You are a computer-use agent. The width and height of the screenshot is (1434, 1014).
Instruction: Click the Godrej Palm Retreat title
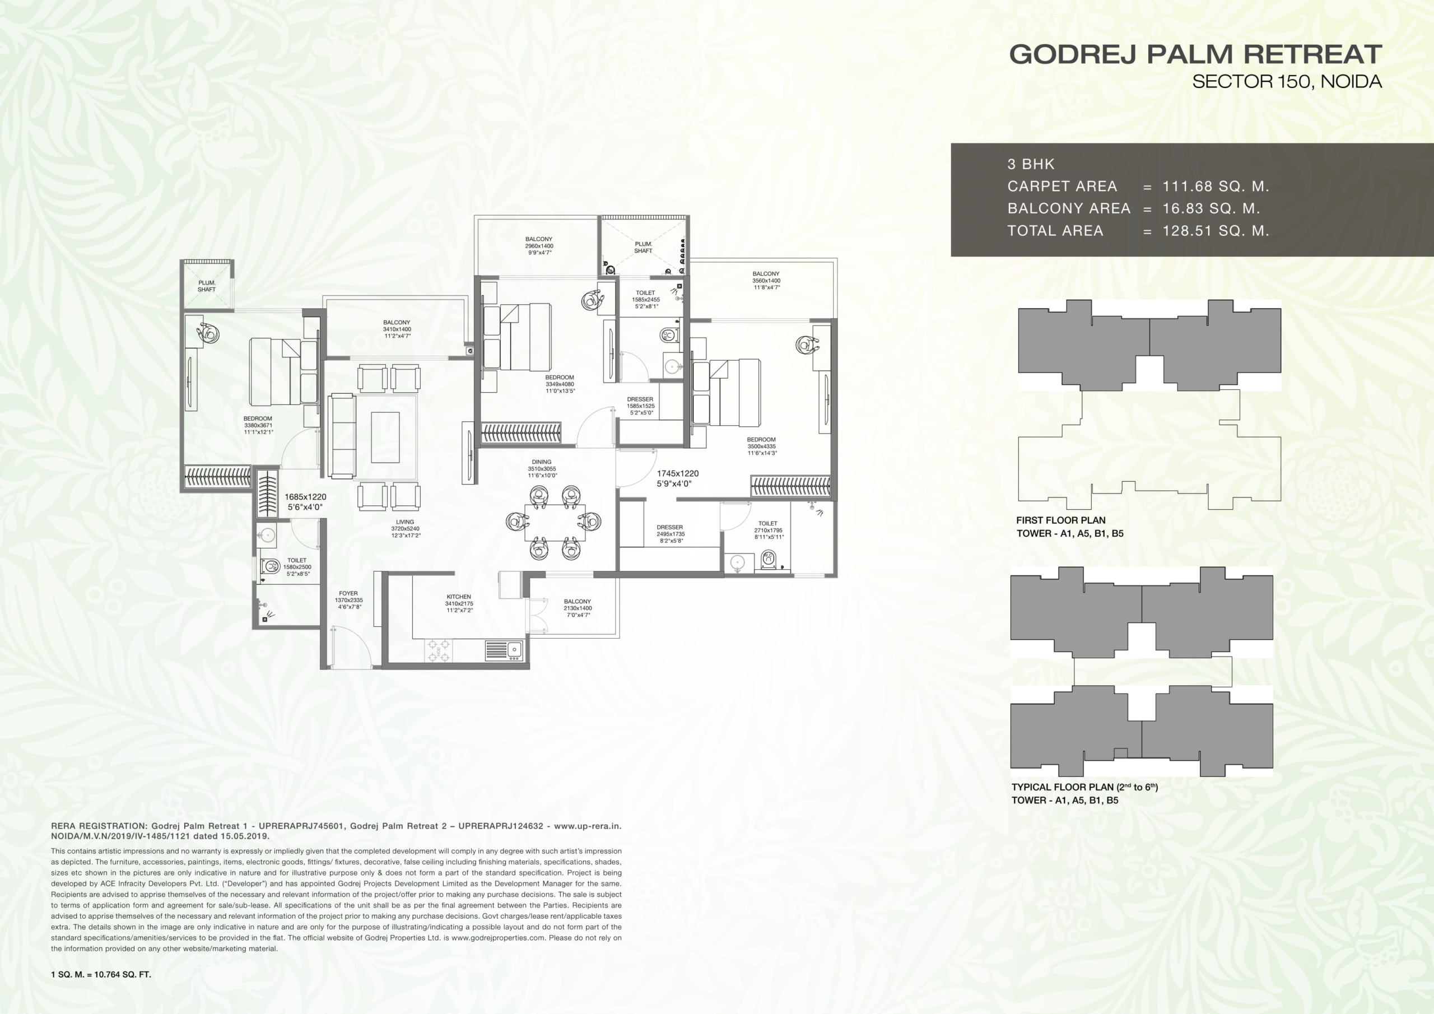[x=1195, y=54]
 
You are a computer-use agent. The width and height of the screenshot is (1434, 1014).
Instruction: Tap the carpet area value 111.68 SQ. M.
[x=1216, y=186]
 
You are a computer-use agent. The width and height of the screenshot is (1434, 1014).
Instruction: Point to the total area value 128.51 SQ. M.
[x=1216, y=231]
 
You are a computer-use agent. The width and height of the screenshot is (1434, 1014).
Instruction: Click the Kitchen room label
[x=459, y=597]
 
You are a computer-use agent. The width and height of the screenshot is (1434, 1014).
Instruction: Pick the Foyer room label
[x=348, y=593]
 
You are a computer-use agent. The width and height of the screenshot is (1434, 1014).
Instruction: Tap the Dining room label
[x=542, y=462]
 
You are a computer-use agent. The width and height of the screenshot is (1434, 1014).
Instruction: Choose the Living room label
[x=405, y=522]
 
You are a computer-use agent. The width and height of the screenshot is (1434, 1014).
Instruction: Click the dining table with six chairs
[x=554, y=522]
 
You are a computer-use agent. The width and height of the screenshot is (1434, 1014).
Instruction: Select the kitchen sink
[x=505, y=650]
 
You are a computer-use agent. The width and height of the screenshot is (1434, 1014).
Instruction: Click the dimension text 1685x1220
[x=305, y=497]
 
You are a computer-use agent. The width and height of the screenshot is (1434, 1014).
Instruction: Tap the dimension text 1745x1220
[x=678, y=473]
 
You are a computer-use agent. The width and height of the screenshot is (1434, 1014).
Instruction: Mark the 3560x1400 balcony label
[x=766, y=281]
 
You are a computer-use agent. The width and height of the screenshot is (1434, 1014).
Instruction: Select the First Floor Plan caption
[x=1061, y=520]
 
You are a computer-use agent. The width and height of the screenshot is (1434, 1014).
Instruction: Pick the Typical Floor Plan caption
[x=1085, y=787]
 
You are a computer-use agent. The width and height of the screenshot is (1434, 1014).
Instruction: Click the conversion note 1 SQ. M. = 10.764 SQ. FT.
[x=101, y=974]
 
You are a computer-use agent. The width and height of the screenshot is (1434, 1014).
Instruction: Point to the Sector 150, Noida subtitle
[x=1287, y=81]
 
